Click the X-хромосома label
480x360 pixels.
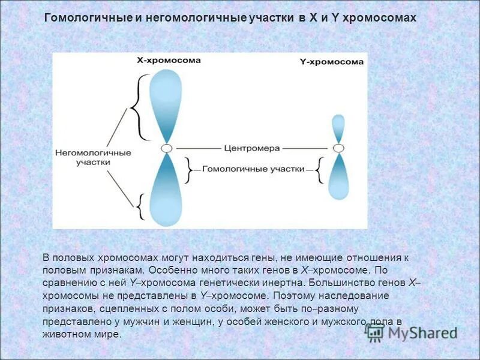coord(169,61)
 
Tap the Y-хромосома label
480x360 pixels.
coord(331,62)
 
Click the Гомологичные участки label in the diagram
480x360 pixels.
coord(253,170)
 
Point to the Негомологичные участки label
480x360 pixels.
coord(92,157)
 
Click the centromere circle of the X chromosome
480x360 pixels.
coord(167,148)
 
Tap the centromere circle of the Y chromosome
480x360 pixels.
coord(338,148)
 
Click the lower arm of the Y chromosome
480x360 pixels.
coord(339,177)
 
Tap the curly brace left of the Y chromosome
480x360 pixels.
coord(319,170)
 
